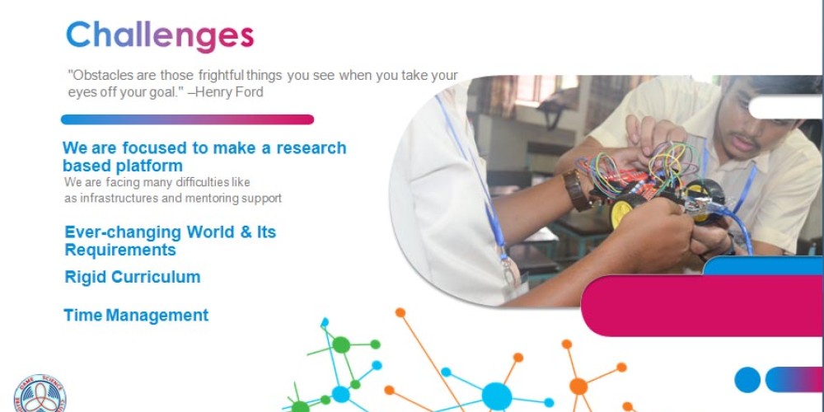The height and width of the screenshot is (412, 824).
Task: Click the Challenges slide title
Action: [160, 35]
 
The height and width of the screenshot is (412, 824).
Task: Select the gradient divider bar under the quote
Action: [188, 119]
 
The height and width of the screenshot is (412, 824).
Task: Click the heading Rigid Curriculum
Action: [133, 277]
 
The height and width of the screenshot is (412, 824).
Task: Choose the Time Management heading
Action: [136, 316]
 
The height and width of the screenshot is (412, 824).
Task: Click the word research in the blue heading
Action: [311, 148]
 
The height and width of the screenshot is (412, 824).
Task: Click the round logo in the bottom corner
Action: [40, 394]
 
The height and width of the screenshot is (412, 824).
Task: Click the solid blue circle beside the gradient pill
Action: [747, 379]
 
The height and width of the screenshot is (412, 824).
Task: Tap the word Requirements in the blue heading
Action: [120, 250]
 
